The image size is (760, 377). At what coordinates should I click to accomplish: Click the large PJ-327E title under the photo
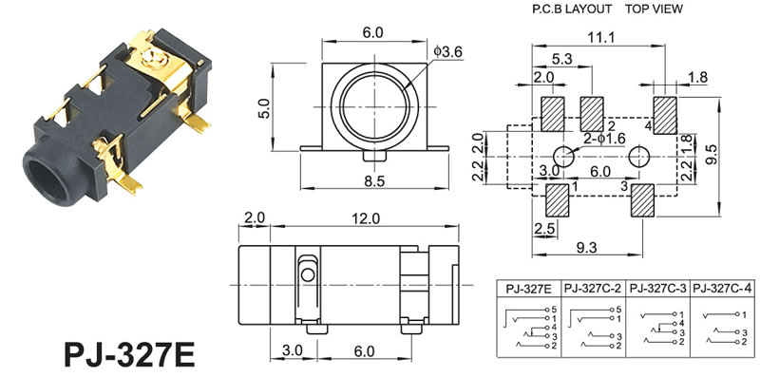pyautogui.click(x=129, y=355)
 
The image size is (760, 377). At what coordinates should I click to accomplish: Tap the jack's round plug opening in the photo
pyautogui.click(x=46, y=181)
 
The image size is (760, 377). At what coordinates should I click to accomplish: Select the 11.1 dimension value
pyautogui.click(x=601, y=37)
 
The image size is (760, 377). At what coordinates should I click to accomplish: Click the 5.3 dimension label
pyautogui.click(x=561, y=59)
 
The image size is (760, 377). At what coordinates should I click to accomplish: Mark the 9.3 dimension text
pyautogui.click(x=585, y=248)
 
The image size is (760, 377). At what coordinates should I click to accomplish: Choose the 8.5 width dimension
pyautogui.click(x=373, y=181)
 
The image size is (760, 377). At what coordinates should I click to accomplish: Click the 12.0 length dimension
pyautogui.click(x=366, y=218)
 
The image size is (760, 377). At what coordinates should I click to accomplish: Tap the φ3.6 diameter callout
pyautogui.click(x=448, y=51)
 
